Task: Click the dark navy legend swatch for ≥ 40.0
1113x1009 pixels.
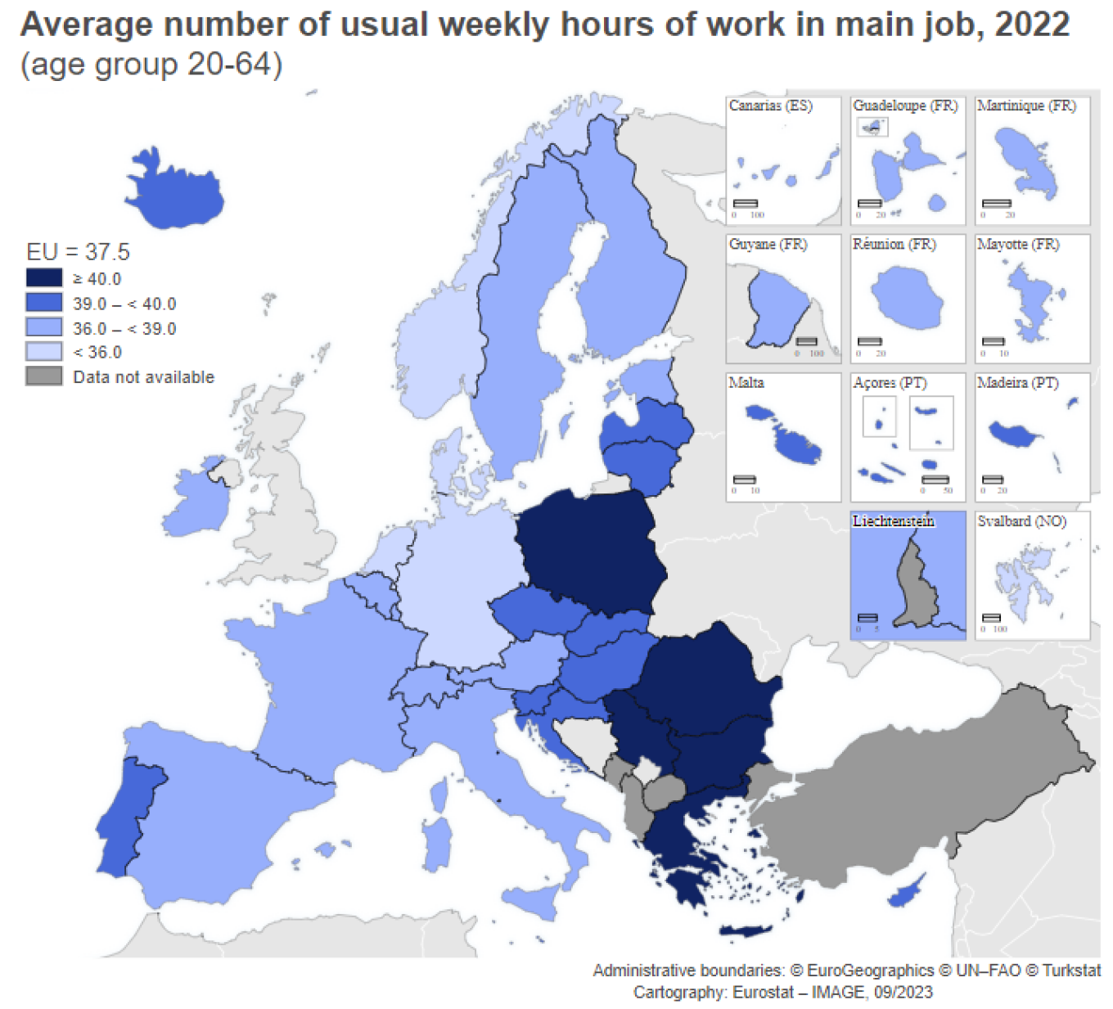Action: (x=44, y=278)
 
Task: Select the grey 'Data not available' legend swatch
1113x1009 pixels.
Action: (x=44, y=376)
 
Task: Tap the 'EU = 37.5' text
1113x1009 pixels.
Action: (x=78, y=251)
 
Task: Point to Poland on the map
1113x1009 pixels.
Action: (x=589, y=548)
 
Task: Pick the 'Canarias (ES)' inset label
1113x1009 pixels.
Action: (x=770, y=106)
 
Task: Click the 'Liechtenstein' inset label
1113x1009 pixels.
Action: (x=893, y=521)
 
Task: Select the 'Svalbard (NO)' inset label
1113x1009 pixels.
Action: (x=1021, y=521)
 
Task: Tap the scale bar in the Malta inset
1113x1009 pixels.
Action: (x=745, y=480)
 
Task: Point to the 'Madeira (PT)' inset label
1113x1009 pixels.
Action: (x=1017, y=383)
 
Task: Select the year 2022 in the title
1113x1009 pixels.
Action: (x=1031, y=25)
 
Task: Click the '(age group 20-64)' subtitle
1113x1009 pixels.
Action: (x=151, y=64)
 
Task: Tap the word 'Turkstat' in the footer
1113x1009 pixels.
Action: (x=1071, y=971)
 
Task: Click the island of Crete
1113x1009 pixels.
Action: (x=745, y=930)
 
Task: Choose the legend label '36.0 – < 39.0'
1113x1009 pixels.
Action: (x=124, y=328)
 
